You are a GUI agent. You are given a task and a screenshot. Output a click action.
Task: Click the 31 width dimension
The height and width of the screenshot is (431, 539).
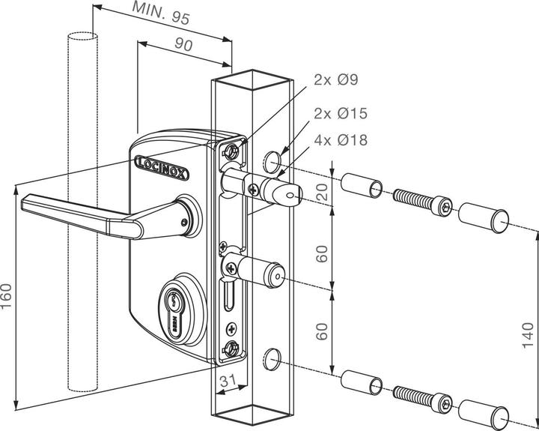[229, 382]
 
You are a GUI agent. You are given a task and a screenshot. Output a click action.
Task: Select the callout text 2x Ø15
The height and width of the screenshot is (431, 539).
[341, 114]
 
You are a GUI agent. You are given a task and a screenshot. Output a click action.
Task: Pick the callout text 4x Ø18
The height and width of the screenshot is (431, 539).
[341, 140]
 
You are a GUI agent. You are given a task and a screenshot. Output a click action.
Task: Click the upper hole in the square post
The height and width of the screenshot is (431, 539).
[273, 160]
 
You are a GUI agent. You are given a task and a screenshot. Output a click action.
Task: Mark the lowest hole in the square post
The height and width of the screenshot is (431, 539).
[273, 360]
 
